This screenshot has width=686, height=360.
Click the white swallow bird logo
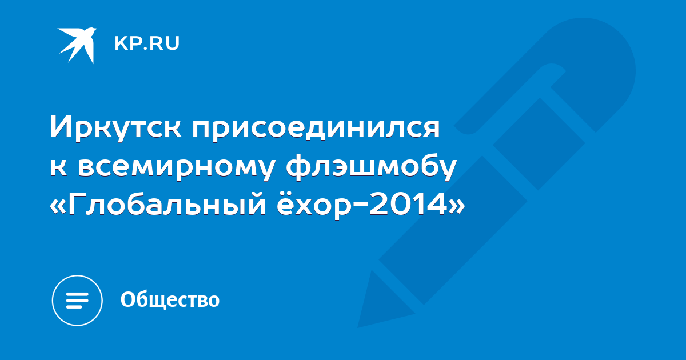tap(78, 45)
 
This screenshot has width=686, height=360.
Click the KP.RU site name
tap(147, 43)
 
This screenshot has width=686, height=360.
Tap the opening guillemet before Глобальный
tap(58, 207)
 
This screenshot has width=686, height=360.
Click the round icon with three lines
tap(77, 300)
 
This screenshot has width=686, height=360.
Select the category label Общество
tap(170, 299)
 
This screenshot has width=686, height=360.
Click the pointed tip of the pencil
tap(358, 327)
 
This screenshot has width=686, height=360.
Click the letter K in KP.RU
tap(121, 43)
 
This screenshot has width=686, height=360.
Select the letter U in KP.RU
tap(173, 43)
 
